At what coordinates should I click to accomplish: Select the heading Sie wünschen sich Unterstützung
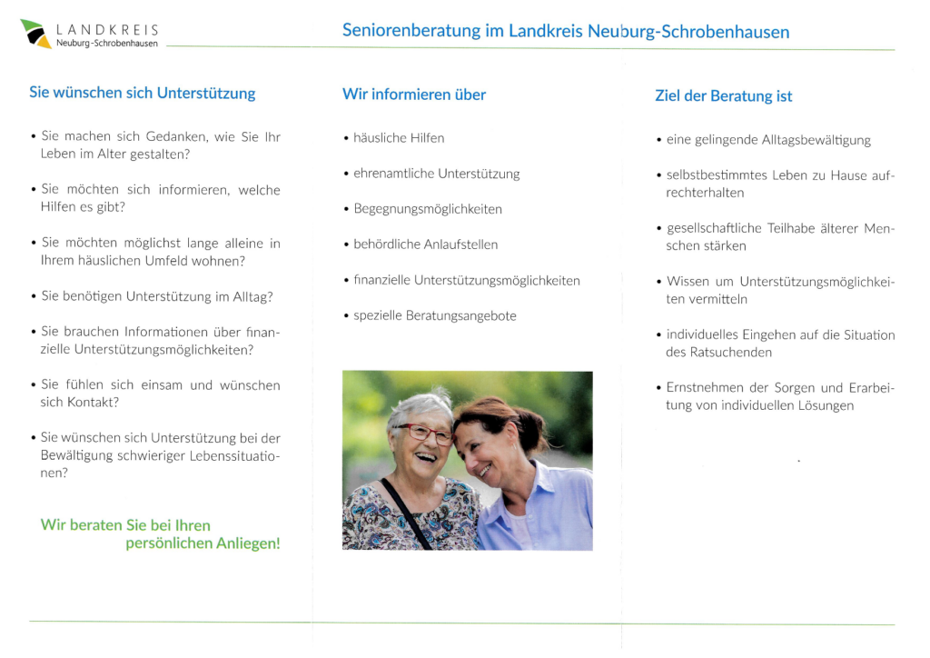143,93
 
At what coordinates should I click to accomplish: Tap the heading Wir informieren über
414,95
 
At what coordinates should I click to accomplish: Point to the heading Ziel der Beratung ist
724,95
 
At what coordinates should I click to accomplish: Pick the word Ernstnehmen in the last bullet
702,388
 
